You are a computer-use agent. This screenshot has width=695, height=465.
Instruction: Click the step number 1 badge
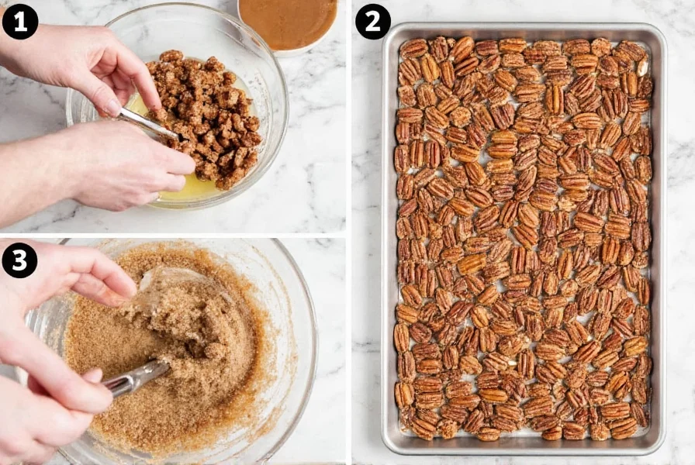tap(20, 21)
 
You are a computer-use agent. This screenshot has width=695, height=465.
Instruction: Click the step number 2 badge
tap(373, 21)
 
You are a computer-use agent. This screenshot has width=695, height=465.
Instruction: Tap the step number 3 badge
tap(20, 260)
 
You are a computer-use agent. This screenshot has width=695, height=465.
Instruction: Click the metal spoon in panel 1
tap(147, 122)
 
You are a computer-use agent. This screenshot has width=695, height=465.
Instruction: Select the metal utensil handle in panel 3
tap(136, 379)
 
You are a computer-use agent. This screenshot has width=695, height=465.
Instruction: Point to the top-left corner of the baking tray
tap(388, 29)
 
